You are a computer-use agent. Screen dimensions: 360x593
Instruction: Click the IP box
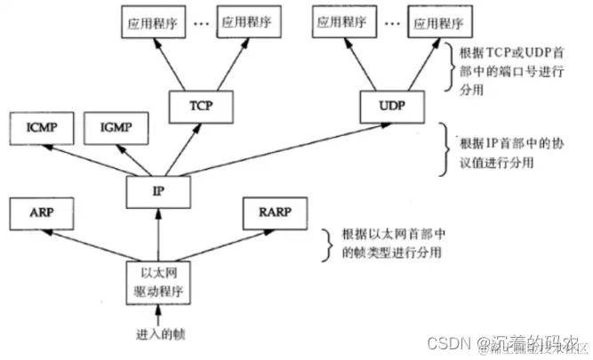coord(157,188)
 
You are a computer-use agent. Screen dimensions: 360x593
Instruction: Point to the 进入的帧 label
coord(157,336)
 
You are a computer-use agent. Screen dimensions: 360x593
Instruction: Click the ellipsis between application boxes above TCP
coord(200,24)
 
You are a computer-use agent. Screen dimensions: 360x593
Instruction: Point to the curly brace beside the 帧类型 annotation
coord(324,244)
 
